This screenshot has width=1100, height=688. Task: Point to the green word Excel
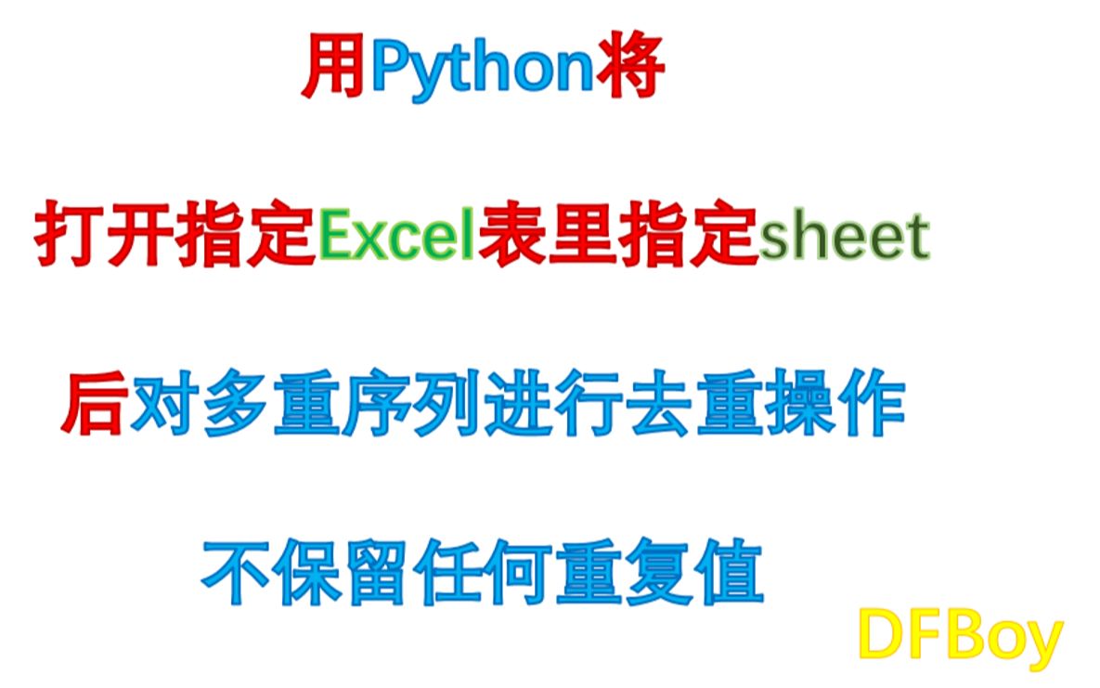(396, 238)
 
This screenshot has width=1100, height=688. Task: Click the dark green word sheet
(844, 238)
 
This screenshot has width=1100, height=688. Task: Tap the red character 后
(94, 407)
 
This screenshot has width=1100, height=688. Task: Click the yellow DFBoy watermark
(959, 638)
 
